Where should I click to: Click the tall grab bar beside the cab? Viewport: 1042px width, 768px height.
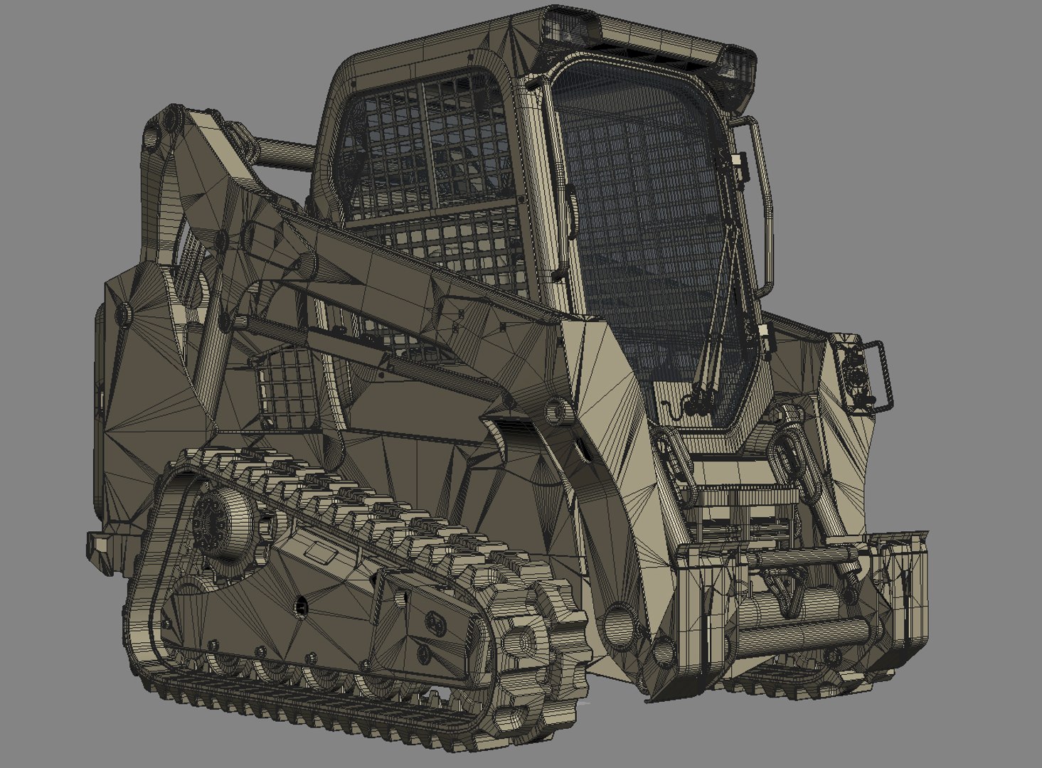[761, 206]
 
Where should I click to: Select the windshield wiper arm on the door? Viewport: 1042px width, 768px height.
[718, 313]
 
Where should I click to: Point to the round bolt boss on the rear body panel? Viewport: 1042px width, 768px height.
[124, 313]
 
